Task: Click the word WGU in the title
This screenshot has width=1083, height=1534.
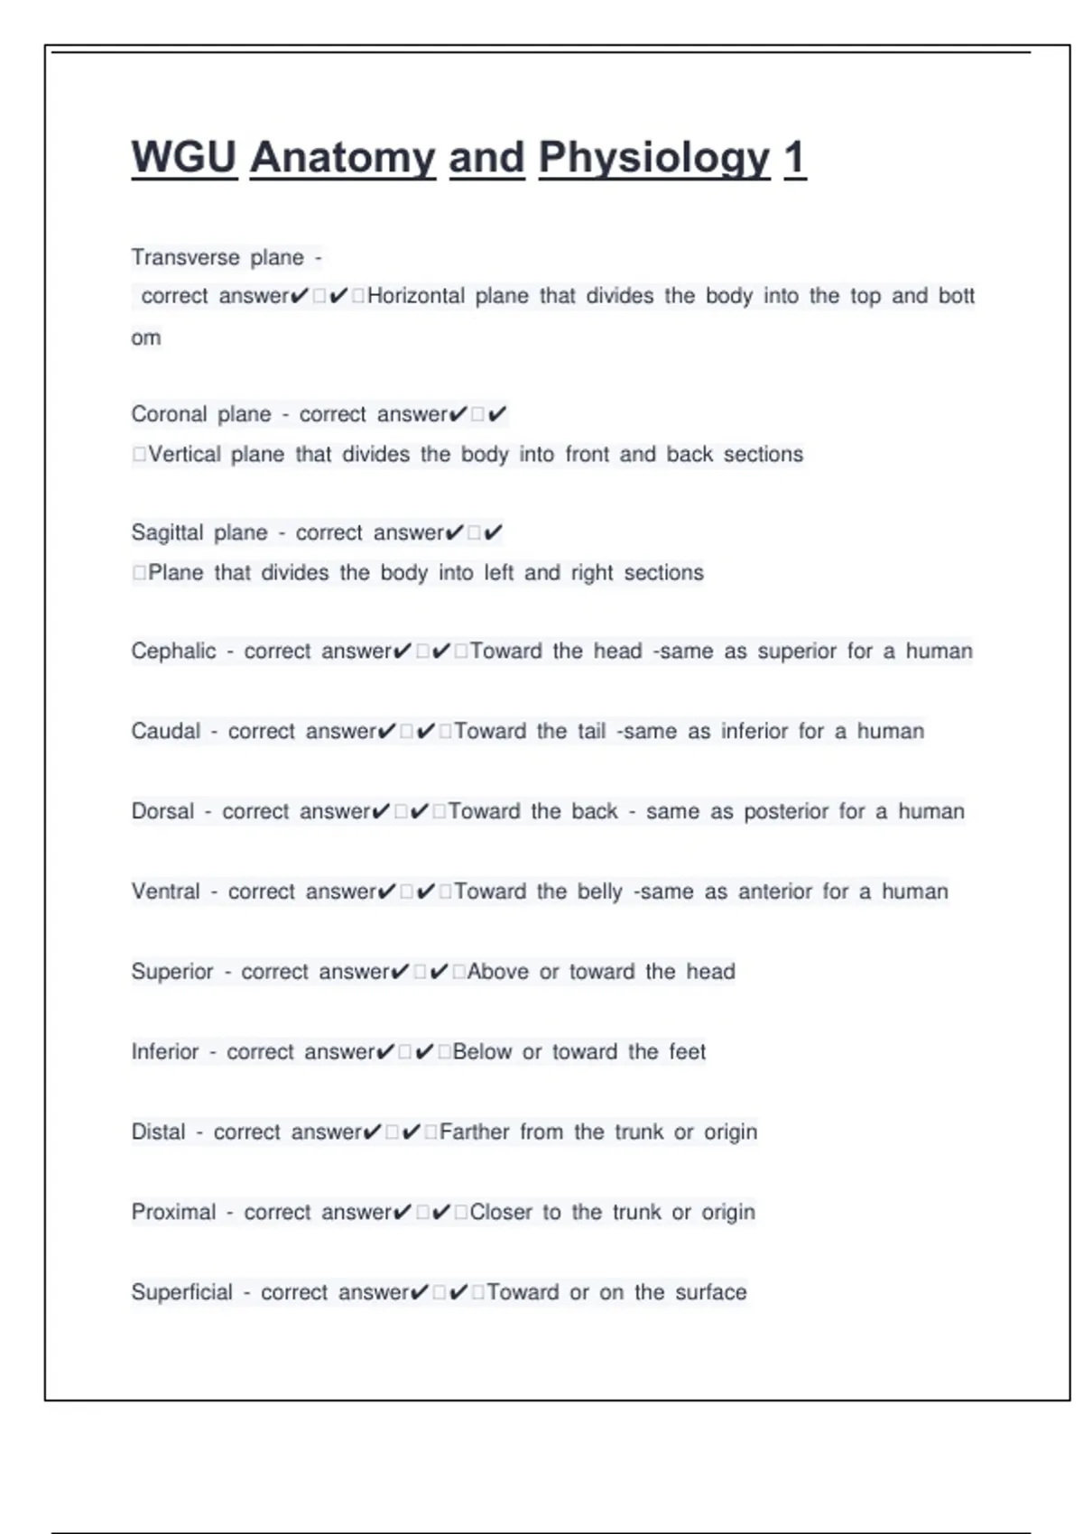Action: [x=184, y=158]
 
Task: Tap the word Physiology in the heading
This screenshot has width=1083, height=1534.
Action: [x=654, y=158]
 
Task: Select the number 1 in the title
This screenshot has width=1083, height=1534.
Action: [x=794, y=158]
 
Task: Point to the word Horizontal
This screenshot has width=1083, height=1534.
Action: [x=416, y=296]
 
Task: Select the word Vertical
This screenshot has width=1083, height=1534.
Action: [x=184, y=454]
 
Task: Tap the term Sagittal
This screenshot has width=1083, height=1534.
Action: [x=167, y=532]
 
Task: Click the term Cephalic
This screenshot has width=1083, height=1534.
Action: [x=173, y=651]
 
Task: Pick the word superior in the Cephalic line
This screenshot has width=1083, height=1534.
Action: [x=797, y=651]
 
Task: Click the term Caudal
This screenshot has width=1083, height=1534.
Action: [x=166, y=731]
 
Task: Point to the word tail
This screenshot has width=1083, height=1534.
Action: [x=591, y=731]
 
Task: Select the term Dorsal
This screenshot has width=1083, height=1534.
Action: [x=162, y=811]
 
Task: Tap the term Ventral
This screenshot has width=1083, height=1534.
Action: [x=166, y=892]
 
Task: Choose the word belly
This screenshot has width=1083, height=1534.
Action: [x=600, y=892]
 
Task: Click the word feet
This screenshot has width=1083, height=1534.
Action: [x=687, y=1052]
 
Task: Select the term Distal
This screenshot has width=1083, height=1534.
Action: [x=158, y=1132]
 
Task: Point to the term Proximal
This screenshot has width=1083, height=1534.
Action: [x=173, y=1212]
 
